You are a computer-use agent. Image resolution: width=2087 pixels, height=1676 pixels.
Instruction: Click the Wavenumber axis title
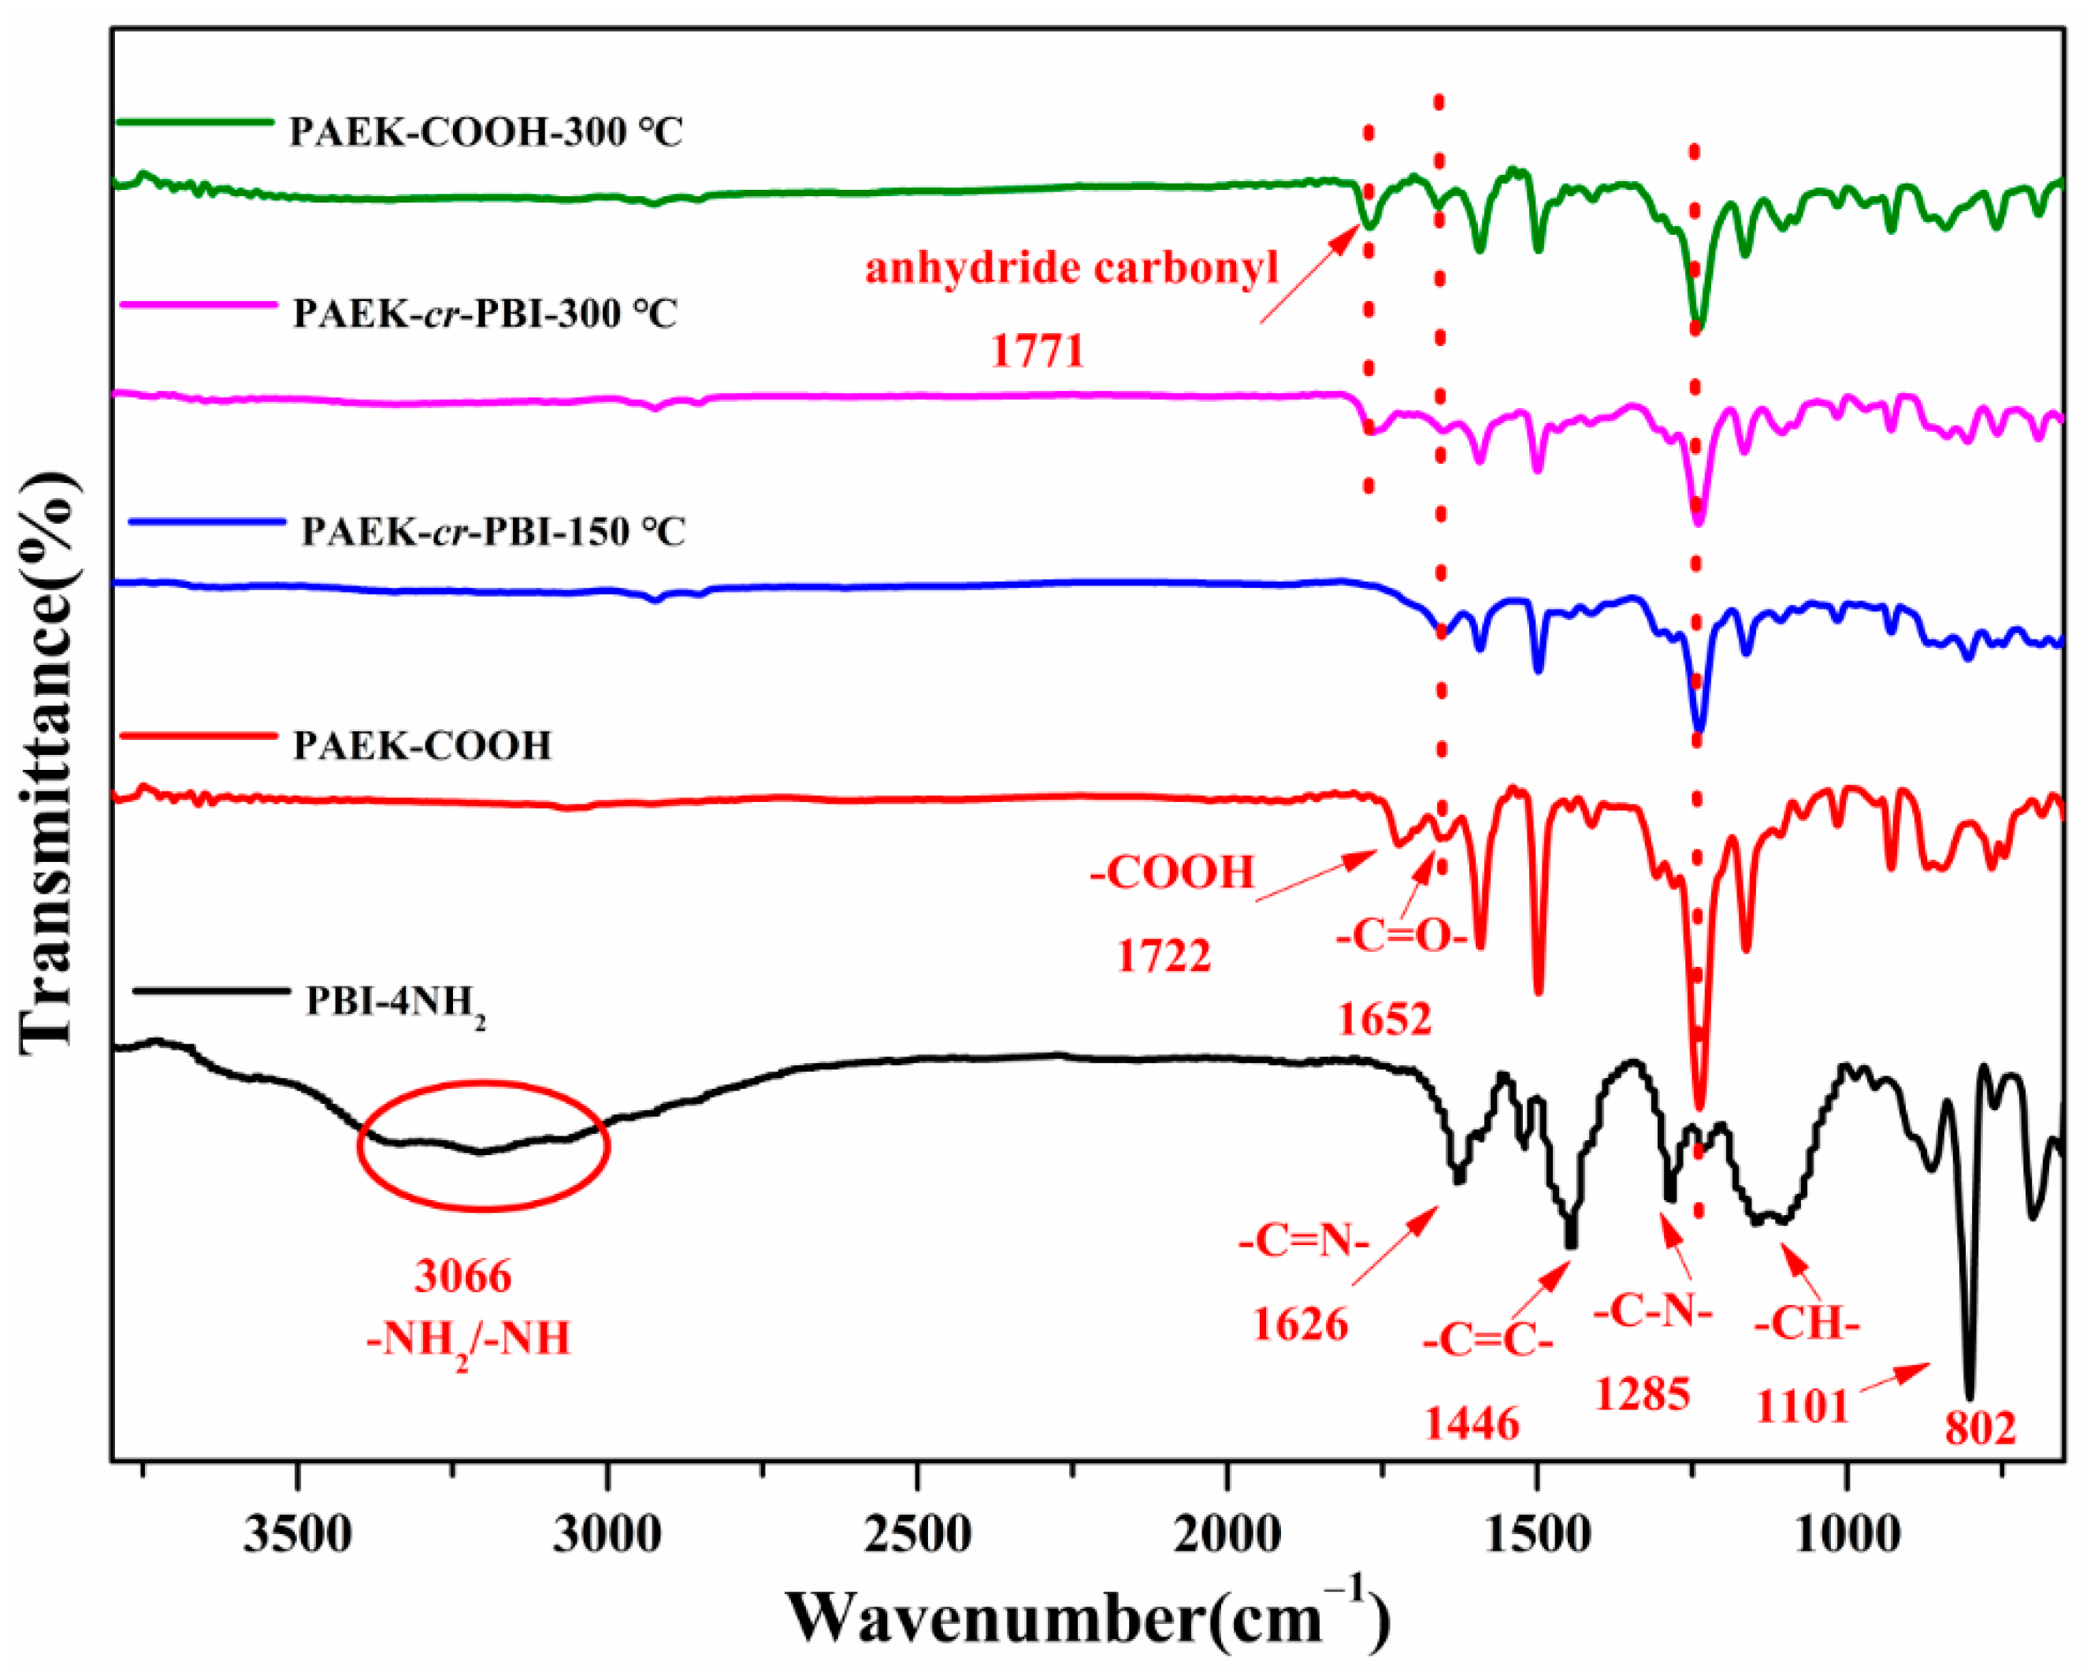pyautogui.click(x=1087, y=1617)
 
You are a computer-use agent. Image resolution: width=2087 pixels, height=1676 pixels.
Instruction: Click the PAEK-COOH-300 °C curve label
pyautogui.click(x=486, y=132)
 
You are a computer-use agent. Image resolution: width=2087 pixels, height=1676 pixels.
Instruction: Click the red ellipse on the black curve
pyautogui.click(x=483, y=1144)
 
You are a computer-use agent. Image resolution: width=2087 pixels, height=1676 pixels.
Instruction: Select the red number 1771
pyautogui.click(x=1037, y=351)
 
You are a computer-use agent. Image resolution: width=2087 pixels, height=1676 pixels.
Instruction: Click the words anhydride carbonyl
pyautogui.click(x=1071, y=268)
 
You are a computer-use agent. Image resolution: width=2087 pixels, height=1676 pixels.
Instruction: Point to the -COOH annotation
pyautogui.click(x=1172, y=872)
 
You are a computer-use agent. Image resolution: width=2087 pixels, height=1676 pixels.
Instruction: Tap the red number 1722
pyautogui.click(x=1163, y=957)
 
